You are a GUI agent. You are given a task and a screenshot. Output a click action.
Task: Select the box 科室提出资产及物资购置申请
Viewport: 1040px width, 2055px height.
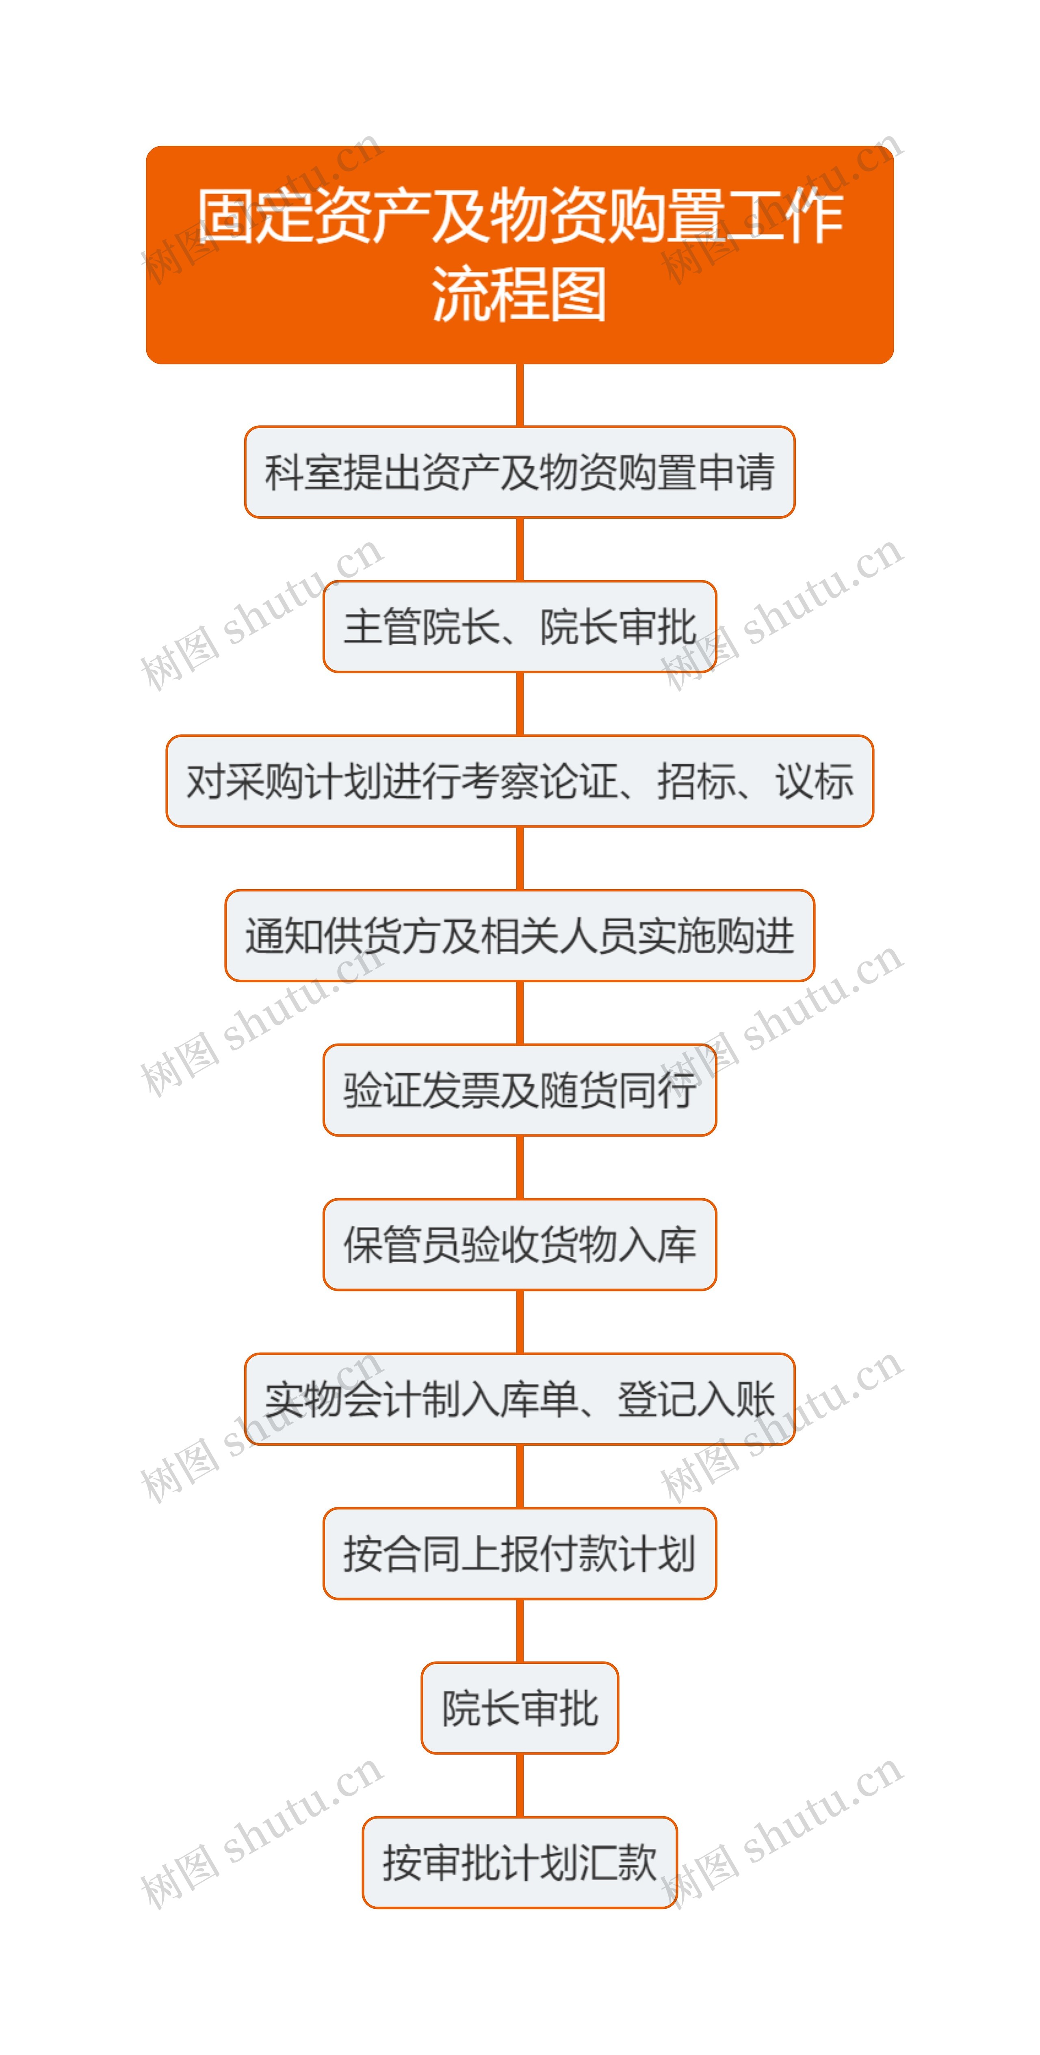click(x=519, y=472)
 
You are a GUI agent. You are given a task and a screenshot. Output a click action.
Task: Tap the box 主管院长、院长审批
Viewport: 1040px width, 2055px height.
click(x=519, y=627)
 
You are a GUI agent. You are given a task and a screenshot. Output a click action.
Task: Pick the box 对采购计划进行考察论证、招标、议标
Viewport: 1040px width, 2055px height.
click(x=519, y=781)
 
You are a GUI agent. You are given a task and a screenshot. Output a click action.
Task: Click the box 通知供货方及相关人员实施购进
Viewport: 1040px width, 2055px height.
click(x=519, y=936)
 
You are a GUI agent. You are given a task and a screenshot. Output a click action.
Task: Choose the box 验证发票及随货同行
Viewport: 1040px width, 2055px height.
click(x=519, y=1090)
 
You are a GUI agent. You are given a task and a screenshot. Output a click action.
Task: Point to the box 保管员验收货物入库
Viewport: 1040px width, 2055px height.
click(x=519, y=1245)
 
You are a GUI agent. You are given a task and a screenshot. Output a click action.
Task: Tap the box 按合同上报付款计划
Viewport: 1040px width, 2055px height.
click(x=519, y=1553)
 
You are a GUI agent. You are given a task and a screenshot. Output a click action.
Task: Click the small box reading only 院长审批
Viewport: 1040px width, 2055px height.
click(x=519, y=1708)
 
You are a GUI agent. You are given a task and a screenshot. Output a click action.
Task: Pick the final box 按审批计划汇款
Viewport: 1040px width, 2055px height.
click(x=519, y=1863)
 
